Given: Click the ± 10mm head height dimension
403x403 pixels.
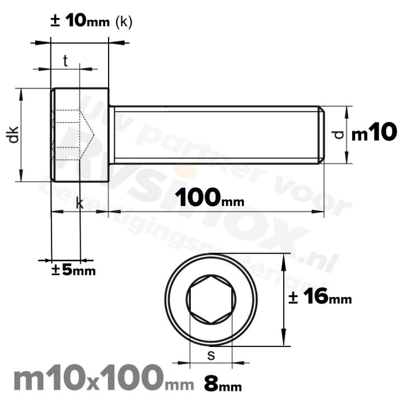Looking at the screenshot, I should click(81, 21).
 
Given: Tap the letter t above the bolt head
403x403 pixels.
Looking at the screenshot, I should click(65, 62).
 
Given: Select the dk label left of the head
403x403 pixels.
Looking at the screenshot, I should click(14, 134).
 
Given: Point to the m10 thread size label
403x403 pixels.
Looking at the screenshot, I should click(374, 134).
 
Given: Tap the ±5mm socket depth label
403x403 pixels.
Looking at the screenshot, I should click(73, 270).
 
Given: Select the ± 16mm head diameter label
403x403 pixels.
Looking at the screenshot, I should click(320, 297).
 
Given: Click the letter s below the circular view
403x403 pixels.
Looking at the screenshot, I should click(210, 354).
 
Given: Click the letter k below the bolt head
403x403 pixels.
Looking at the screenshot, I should click(79, 204).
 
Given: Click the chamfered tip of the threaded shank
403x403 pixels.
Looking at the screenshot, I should click(321, 134).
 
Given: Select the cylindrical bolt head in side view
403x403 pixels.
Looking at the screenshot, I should click(79, 134).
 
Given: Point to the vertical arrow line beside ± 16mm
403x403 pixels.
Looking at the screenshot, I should click(285, 300).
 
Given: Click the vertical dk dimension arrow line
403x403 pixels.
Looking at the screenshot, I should click(22, 134).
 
